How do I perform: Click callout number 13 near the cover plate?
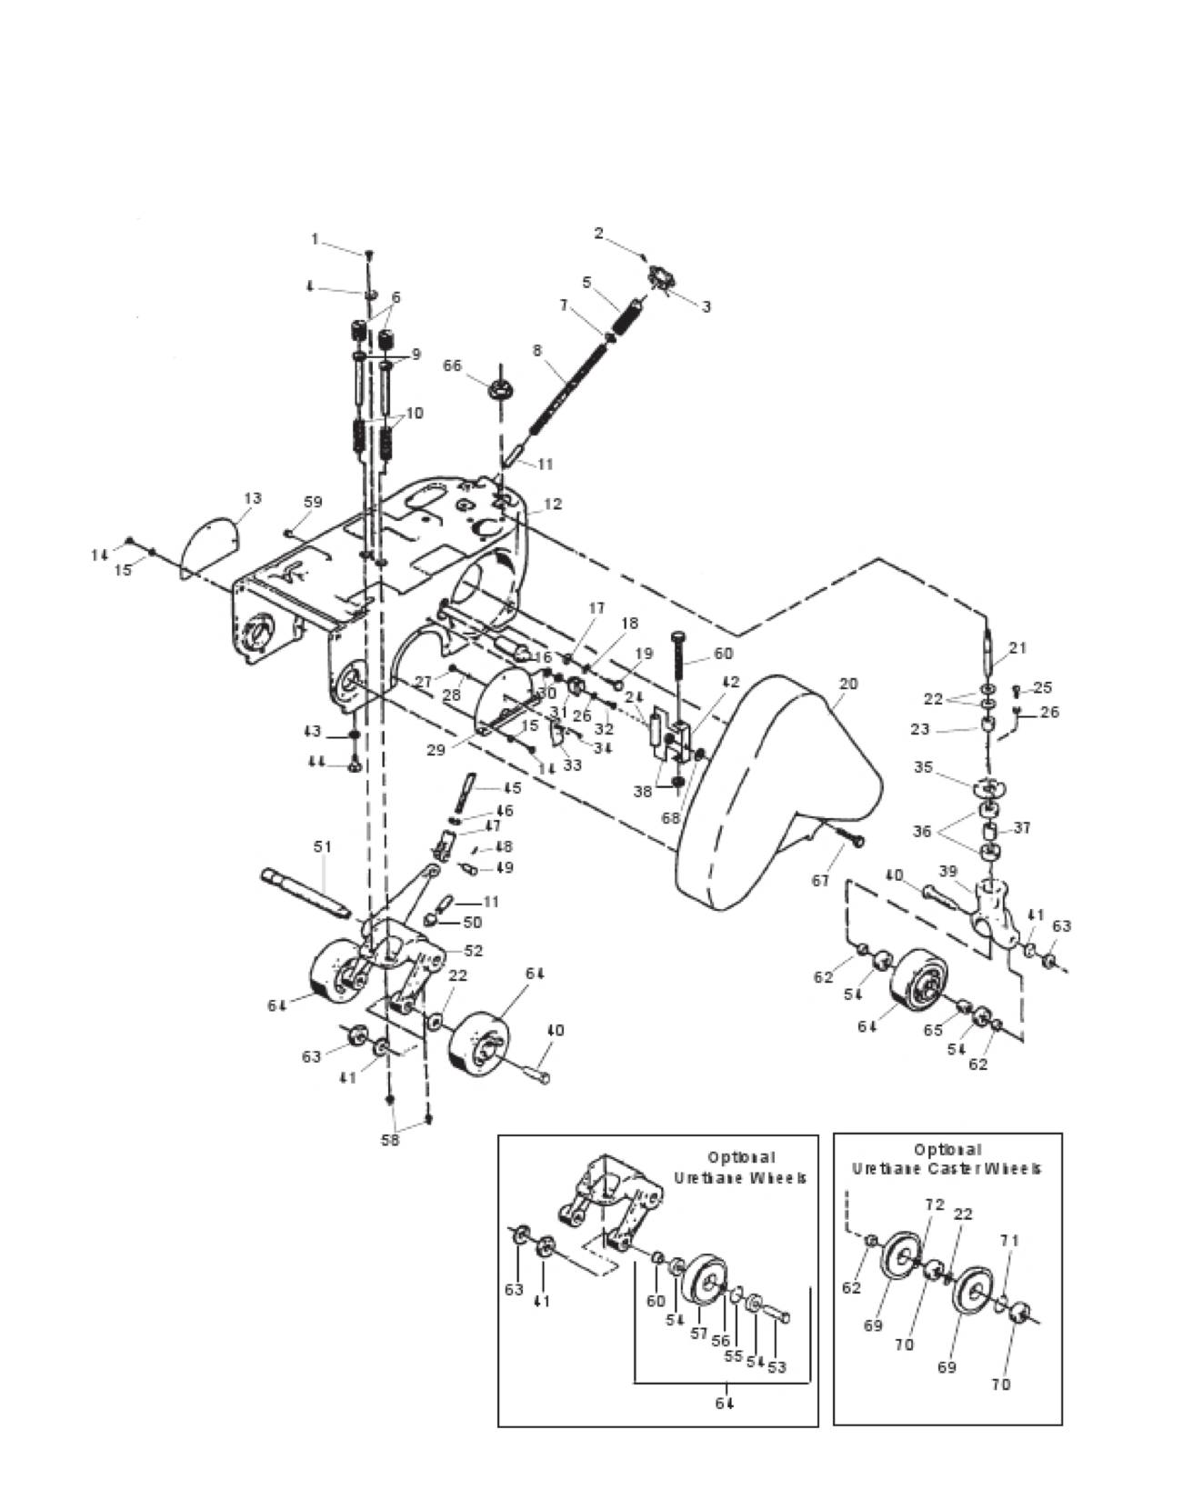point(252,497)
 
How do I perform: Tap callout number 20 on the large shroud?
point(847,683)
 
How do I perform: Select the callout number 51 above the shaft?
point(323,846)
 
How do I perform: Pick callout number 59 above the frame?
point(313,501)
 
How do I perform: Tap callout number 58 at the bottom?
point(390,1140)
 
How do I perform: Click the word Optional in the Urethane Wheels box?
point(741,1157)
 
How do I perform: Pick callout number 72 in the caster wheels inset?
point(935,1204)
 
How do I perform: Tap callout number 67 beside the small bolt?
point(822,880)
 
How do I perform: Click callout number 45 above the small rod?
point(512,788)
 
